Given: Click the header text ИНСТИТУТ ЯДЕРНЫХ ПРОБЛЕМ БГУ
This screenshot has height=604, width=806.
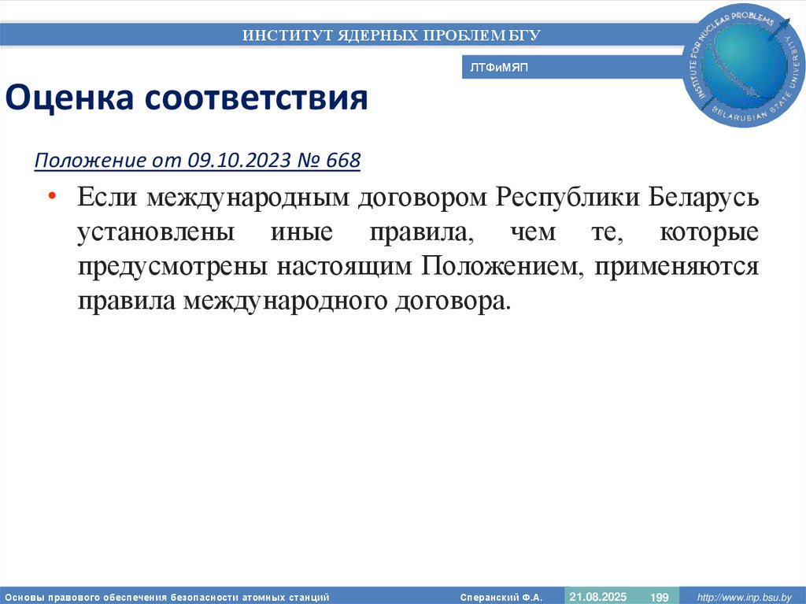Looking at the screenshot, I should pyautogui.click(x=391, y=35).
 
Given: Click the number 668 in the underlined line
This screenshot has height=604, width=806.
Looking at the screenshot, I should pyautogui.click(x=342, y=161).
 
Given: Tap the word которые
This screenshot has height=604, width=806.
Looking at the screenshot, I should pyautogui.click(x=708, y=232).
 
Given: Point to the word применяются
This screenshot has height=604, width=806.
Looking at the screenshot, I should pyautogui.click(x=677, y=267).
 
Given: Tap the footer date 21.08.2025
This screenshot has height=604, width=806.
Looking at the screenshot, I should pyautogui.click(x=598, y=597).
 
